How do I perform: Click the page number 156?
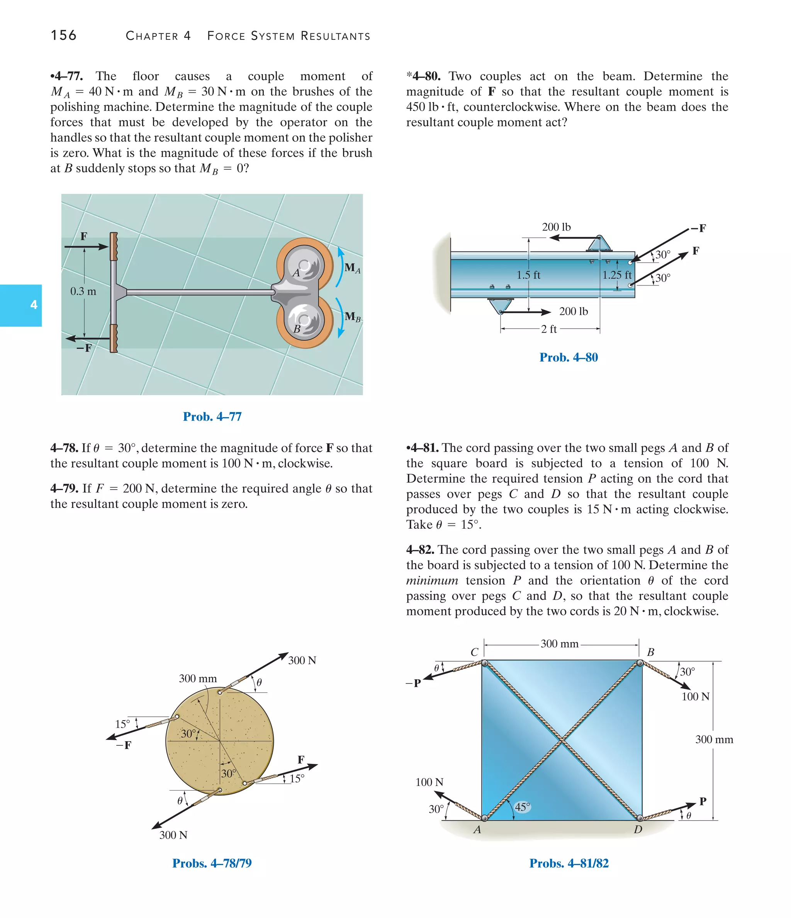[x=63, y=36]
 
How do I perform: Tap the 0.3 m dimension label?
[x=83, y=291]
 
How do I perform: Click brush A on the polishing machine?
[x=304, y=266]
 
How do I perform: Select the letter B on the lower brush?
[x=297, y=329]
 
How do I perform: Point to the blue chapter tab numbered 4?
[x=21, y=305]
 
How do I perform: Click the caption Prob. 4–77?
[x=212, y=416]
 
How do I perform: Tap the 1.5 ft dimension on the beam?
[x=528, y=275]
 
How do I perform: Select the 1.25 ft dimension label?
[x=616, y=275]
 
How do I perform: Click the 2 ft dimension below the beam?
[x=549, y=329]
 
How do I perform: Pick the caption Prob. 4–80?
[x=569, y=358]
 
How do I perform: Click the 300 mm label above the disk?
[x=198, y=678]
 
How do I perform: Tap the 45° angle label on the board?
[x=522, y=807]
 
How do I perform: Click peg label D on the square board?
[x=638, y=830]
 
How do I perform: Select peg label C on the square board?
[x=474, y=652]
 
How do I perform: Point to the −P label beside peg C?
[x=413, y=683]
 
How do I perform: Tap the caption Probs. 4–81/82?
[x=569, y=863]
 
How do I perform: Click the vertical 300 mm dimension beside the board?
[x=714, y=740]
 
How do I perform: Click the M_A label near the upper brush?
[x=352, y=268]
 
